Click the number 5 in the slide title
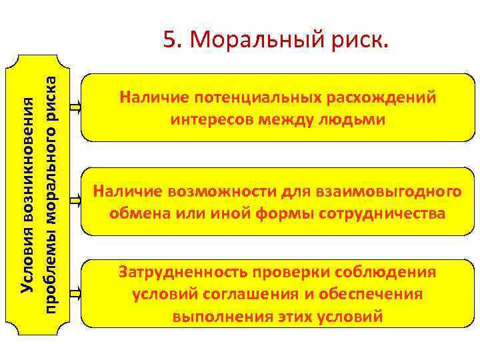tap(169, 41)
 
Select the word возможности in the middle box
tap(215, 193)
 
